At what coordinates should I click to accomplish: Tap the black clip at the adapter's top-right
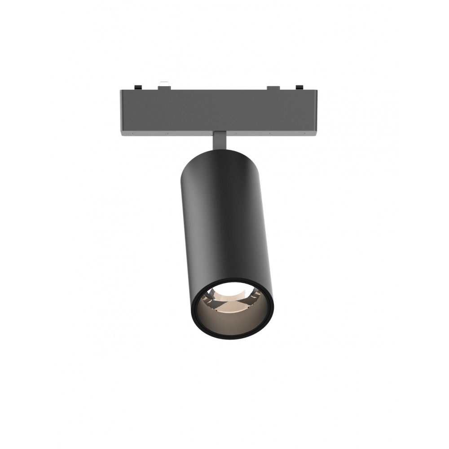[x=299, y=87]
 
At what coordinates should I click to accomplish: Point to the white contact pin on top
[x=164, y=83]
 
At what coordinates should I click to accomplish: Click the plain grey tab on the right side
[x=273, y=87]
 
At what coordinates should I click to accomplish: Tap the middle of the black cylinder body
[x=224, y=224]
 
